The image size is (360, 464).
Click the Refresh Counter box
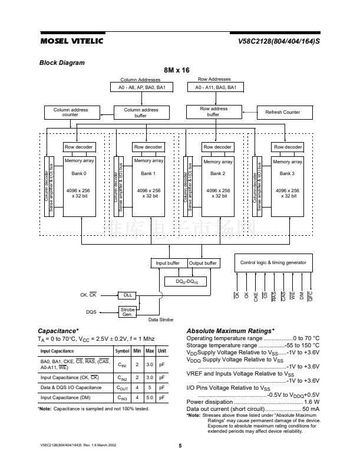[x=282, y=112]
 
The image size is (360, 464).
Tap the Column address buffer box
[x=141, y=112]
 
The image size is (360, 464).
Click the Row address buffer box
[x=213, y=111]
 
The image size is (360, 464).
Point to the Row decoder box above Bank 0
[x=78, y=147]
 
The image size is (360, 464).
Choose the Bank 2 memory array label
[x=218, y=173]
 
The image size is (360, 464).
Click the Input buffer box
[x=168, y=263]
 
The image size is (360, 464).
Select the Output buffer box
[x=203, y=263]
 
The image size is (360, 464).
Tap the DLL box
[x=127, y=294]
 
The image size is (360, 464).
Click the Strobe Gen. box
[x=127, y=311]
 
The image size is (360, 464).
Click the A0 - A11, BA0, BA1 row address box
[x=216, y=87]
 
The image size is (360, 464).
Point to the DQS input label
[x=91, y=312]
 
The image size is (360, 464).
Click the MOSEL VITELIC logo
[x=71, y=41]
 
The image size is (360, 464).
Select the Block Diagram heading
[x=62, y=62]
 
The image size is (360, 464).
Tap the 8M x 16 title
[x=177, y=70]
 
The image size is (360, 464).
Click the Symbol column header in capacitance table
[x=122, y=351]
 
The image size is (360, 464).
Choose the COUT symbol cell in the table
[x=122, y=387]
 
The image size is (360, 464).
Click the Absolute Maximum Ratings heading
[x=230, y=331]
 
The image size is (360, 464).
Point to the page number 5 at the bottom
[x=180, y=445]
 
